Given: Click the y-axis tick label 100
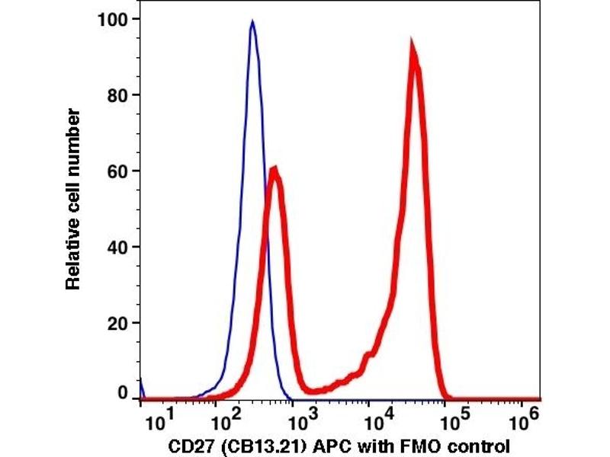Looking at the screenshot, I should [114, 18].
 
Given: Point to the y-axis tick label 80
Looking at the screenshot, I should [119, 94].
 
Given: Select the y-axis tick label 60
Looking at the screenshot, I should [119, 171].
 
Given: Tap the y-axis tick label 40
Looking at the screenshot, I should [119, 247].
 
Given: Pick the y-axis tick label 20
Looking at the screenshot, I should [119, 323].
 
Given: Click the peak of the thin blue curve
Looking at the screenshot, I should [252, 22].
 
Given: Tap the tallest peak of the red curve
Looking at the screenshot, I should [413, 46].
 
